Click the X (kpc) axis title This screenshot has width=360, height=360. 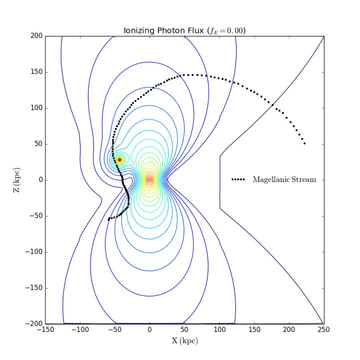pyautogui.click(x=184, y=341)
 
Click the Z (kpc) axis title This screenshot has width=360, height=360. pyautogui.click(x=16, y=180)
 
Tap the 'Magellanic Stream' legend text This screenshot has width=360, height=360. pyautogui.click(x=284, y=179)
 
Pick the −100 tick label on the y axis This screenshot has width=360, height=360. pyautogui.click(x=33, y=252)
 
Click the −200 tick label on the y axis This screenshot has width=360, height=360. pyautogui.click(x=33, y=324)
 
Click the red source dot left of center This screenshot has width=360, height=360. pyautogui.click(x=119, y=159)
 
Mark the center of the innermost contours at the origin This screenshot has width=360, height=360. pyautogui.click(x=149, y=179)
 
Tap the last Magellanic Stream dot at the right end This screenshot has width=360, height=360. pyautogui.click(x=305, y=143)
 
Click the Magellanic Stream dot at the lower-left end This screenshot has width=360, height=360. pyautogui.click(x=108, y=219)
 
